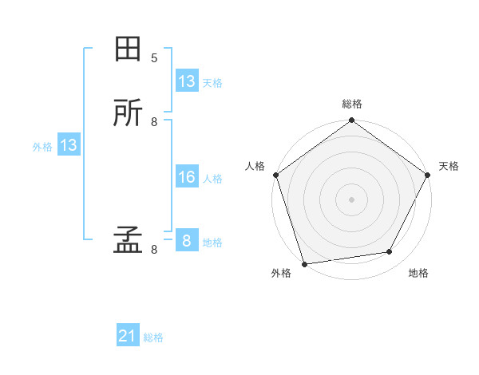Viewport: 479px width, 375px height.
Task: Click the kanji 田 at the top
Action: (x=128, y=49)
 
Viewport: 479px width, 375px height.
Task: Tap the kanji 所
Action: (x=128, y=113)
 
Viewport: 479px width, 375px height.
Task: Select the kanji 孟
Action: (x=128, y=241)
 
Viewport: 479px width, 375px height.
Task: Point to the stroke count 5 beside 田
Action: (x=154, y=57)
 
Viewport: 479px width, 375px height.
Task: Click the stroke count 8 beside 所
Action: (x=154, y=121)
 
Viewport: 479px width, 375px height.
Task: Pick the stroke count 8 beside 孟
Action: (x=154, y=249)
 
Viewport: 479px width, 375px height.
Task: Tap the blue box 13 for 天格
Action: (x=186, y=81)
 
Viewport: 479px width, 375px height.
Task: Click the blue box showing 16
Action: (x=186, y=177)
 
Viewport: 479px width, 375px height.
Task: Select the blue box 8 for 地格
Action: (x=186, y=241)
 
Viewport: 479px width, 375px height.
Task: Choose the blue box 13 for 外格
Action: (x=68, y=145)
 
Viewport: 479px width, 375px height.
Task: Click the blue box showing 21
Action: (x=128, y=337)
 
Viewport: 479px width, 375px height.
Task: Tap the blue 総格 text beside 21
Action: (x=153, y=337)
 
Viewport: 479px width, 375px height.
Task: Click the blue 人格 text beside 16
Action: (x=212, y=178)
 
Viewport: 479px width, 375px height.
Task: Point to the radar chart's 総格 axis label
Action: (x=351, y=104)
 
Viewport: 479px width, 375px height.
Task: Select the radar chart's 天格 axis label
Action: (x=449, y=166)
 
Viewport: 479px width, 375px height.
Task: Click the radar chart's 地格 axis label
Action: (x=418, y=273)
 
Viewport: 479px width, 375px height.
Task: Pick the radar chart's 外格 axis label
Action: (x=281, y=273)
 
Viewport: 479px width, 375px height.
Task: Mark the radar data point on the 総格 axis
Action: (x=351, y=121)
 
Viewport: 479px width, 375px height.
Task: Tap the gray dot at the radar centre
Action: (x=351, y=199)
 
